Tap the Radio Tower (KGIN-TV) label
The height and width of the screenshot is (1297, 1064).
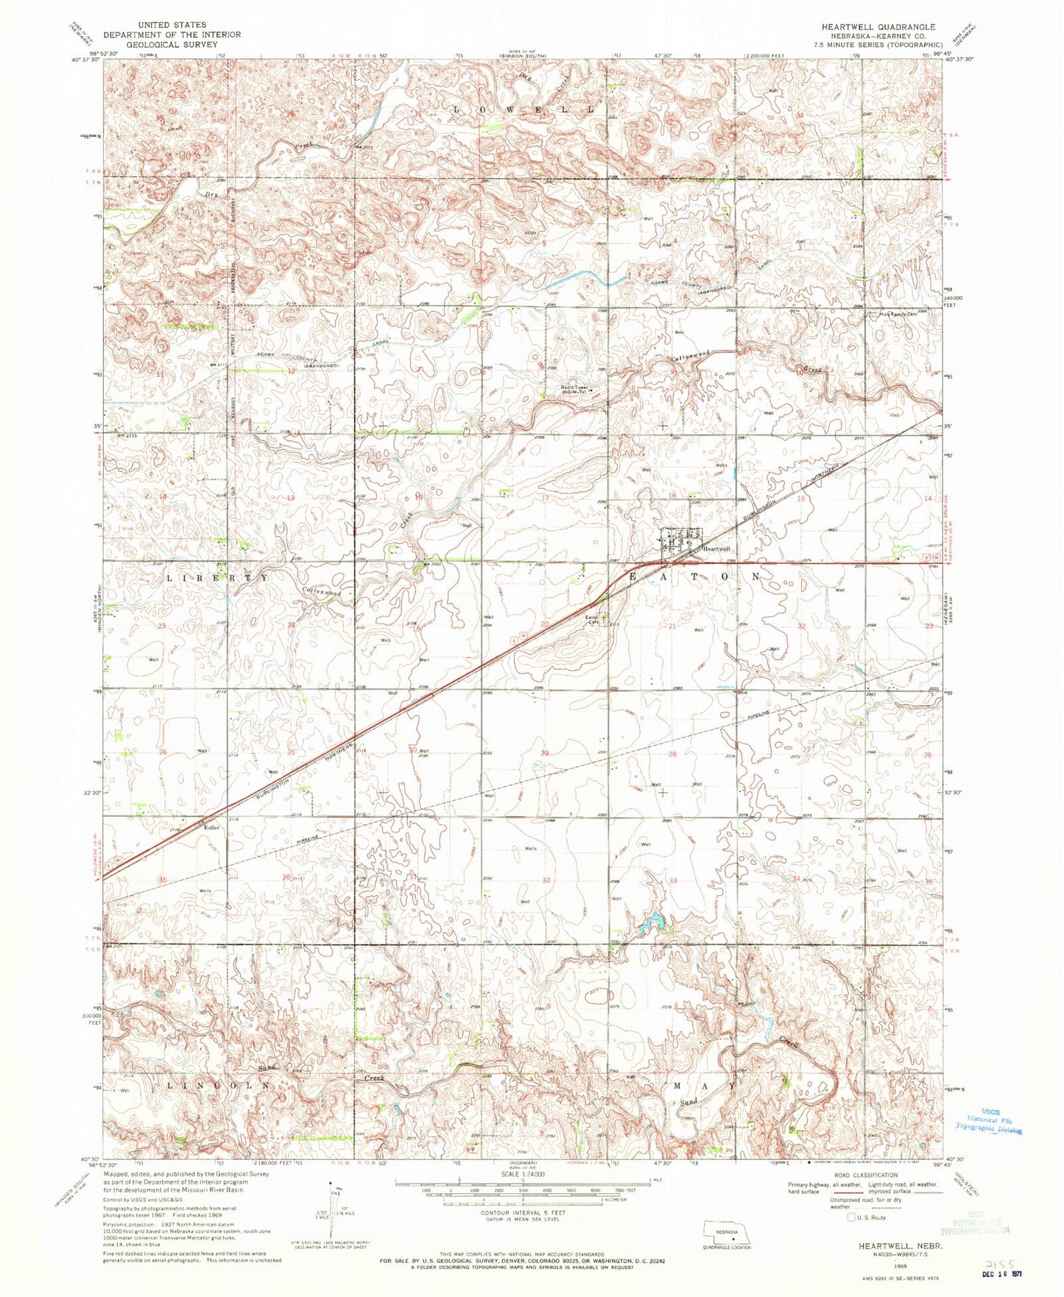tap(579, 389)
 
